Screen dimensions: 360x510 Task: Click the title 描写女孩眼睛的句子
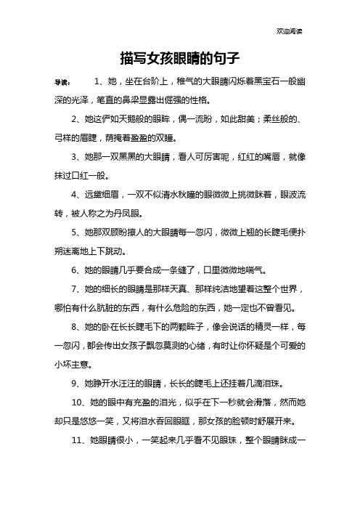click(x=180, y=57)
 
